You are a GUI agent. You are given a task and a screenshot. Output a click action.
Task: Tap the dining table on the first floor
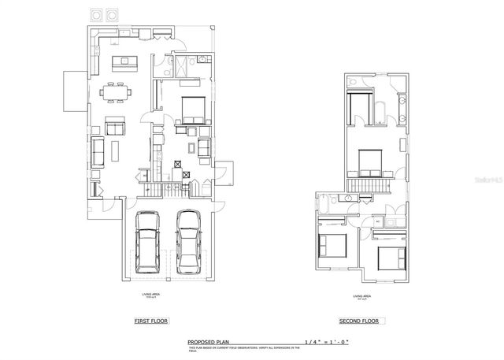(117, 92)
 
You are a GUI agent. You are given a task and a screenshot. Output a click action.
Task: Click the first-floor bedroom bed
(191, 109)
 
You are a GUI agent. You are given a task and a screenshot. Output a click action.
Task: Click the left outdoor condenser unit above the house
(96, 14)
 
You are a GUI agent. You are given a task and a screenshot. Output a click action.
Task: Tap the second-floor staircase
(370, 186)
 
